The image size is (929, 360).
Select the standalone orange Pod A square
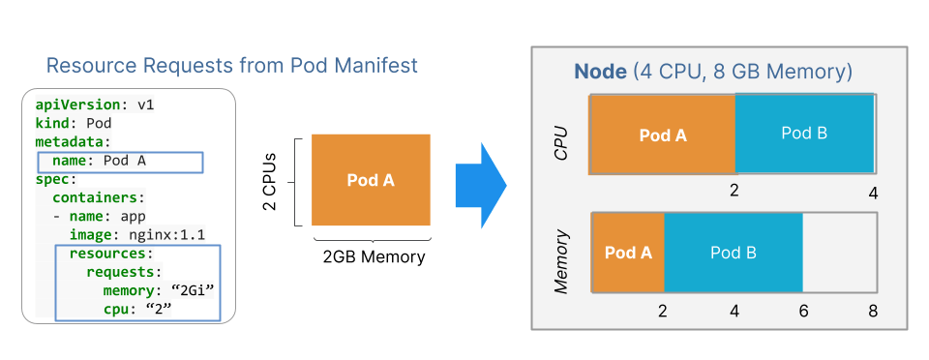[371, 180]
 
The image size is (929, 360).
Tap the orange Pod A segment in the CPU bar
[663, 135]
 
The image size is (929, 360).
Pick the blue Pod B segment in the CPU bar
[804, 134]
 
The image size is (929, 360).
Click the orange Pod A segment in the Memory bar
[627, 252]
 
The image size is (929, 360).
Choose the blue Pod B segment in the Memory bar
[733, 252]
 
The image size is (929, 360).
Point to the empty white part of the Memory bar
[838, 252]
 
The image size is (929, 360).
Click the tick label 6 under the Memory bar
[804, 312]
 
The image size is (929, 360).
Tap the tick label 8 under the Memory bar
[873, 312]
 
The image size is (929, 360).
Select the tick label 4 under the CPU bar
[873, 194]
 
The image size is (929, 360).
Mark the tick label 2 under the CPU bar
[734, 191]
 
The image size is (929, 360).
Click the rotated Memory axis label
[561, 261]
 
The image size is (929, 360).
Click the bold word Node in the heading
[601, 72]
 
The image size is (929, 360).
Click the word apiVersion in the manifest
[75, 105]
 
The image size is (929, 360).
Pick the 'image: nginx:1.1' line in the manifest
[136, 234]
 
